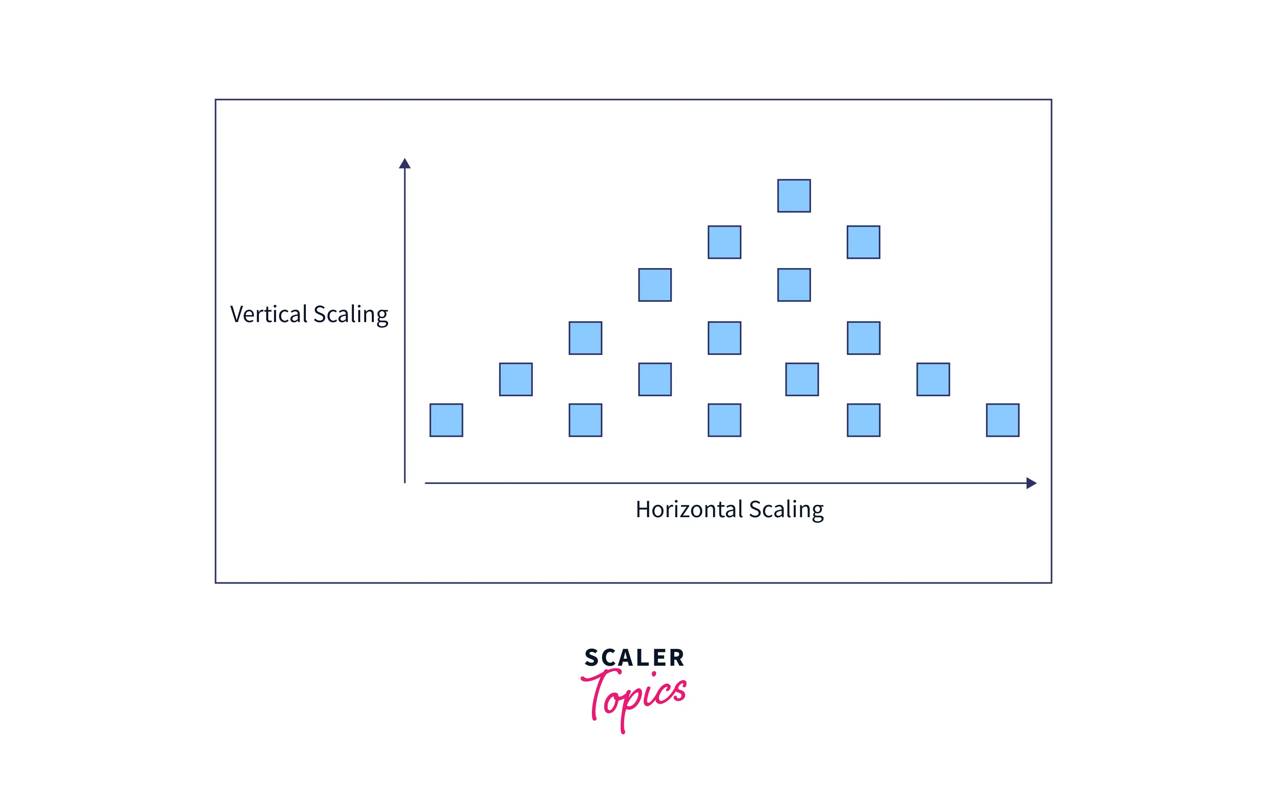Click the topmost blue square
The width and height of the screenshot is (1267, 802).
click(x=794, y=195)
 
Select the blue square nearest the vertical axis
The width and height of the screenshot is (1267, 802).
click(x=446, y=420)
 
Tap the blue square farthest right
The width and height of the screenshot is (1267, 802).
click(x=1002, y=420)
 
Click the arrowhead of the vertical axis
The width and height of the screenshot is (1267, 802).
click(x=405, y=163)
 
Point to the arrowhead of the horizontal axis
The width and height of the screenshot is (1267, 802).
click(x=1031, y=483)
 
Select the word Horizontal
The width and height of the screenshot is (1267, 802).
click(x=689, y=509)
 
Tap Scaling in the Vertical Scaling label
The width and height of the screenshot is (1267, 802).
click(x=351, y=315)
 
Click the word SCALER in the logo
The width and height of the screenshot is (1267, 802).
click(x=634, y=658)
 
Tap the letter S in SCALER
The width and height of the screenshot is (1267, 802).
click(x=592, y=658)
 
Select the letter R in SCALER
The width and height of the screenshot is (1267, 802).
click(x=677, y=658)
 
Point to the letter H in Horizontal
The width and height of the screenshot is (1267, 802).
click(x=643, y=509)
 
